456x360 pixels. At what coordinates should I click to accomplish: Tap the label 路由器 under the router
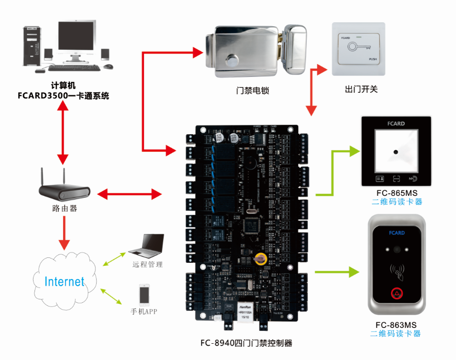pos(65,209)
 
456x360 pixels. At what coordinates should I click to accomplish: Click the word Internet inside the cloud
pos(64,282)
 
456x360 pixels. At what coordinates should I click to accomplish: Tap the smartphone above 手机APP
pos(144,295)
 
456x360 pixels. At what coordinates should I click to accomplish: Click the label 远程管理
pos(147,265)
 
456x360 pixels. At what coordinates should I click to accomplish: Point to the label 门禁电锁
pos(253,90)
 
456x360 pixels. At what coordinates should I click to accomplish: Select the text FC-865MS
pos(396,193)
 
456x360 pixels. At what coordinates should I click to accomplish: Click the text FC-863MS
pos(396,324)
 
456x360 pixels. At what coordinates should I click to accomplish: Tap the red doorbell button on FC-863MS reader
pos(397,294)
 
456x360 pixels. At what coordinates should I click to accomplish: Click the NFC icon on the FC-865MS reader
pos(413,178)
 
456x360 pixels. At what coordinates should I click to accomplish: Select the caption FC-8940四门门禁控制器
pos(246,343)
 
